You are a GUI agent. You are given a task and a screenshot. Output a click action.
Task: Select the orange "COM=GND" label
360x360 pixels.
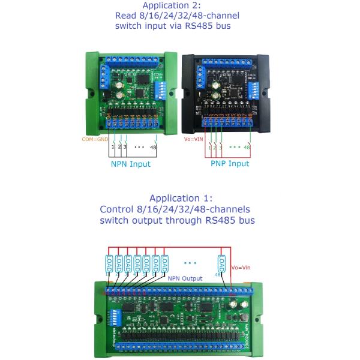tap(95, 139)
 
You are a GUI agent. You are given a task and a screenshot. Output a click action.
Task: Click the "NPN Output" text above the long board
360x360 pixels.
tap(185, 278)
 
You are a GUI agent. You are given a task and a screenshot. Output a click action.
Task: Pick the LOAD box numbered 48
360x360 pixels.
tap(222, 263)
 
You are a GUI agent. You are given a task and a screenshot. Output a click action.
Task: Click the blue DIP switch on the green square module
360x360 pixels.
tap(161, 89)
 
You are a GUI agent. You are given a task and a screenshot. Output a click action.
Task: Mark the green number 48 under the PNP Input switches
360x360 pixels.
tap(247, 146)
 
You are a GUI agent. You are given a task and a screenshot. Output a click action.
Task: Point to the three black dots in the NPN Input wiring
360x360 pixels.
tap(139, 146)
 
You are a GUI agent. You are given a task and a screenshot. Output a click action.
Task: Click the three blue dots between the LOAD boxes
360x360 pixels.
tap(191, 262)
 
